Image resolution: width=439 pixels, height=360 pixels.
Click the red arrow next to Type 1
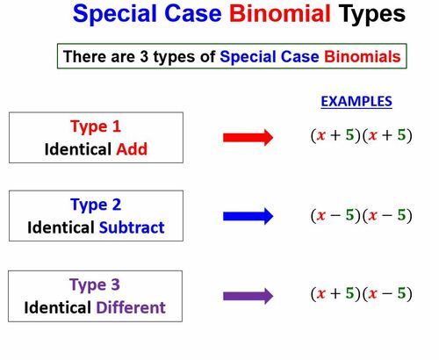248,137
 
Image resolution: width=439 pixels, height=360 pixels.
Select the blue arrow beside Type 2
248,216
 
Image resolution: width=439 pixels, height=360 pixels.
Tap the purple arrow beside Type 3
248,295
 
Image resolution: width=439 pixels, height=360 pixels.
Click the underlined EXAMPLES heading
356,102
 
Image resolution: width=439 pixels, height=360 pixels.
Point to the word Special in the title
114,15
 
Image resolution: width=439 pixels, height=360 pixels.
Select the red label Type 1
97,126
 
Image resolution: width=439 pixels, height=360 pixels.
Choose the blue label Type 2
97,205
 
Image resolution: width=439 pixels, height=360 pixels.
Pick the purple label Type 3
97,284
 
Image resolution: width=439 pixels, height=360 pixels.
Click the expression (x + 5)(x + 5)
361,137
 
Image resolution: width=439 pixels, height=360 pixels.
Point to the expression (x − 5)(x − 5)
361,216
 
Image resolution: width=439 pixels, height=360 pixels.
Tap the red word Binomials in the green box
363,57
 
